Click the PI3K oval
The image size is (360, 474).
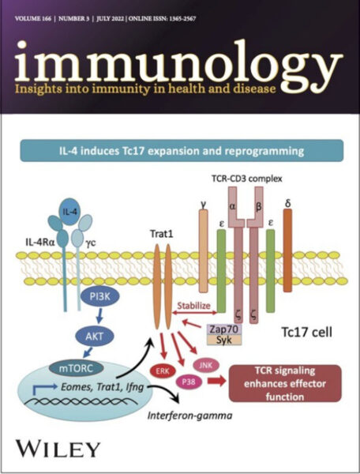100,296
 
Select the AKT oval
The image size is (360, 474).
95,336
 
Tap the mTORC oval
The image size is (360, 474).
76,368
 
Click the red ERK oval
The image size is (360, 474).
163,371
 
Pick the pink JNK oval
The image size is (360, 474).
206,366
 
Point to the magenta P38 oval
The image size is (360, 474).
189,382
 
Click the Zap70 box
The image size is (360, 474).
223,329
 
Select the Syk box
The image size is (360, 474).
223,340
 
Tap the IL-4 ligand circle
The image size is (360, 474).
69,212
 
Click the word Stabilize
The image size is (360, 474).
193,305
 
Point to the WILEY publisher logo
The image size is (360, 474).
58,449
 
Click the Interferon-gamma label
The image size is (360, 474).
189,416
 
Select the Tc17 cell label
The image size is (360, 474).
306,332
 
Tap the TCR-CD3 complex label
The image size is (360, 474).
247,179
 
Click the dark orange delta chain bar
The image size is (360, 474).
287,250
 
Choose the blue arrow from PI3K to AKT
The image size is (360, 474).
99,316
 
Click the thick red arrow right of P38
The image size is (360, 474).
217,381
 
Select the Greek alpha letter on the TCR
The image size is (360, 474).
232,207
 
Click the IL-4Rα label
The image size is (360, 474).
40,243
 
